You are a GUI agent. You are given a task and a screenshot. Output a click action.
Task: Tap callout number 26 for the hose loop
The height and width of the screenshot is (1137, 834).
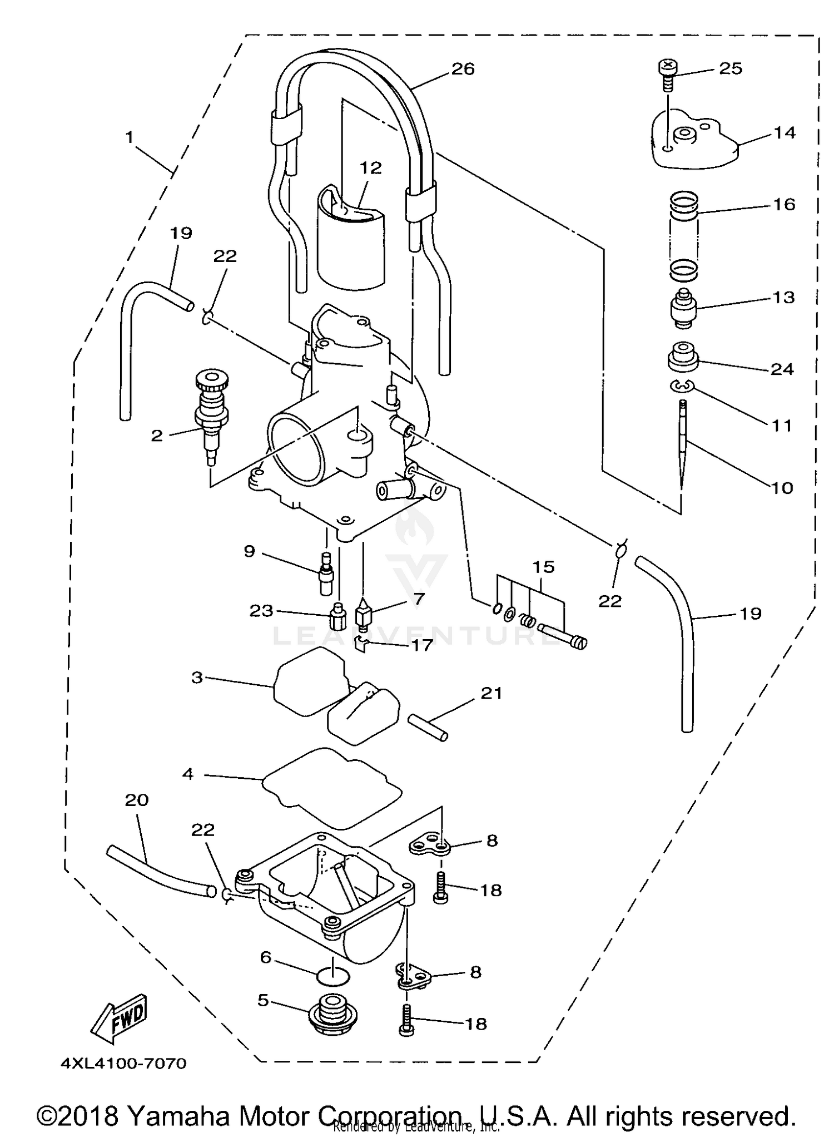pyautogui.click(x=463, y=69)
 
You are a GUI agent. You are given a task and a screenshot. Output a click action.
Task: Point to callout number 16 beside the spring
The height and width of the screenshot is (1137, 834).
pyautogui.click(x=783, y=205)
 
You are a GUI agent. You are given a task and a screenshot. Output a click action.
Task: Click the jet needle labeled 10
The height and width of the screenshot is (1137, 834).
pyautogui.click(x=683, y=445)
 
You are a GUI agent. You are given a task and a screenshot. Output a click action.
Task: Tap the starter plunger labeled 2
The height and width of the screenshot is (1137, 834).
pyautogui.click(x=212, y=417)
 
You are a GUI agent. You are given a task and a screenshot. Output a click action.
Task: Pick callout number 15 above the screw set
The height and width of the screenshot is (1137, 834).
pyautogui.click(x=543, y=567)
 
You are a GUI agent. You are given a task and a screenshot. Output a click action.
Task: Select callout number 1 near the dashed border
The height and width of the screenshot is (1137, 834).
pyautogui.click(x=129, y=137)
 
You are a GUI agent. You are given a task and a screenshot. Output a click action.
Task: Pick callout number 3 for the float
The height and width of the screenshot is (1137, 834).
pyautogui.click(x=197, y=678)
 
